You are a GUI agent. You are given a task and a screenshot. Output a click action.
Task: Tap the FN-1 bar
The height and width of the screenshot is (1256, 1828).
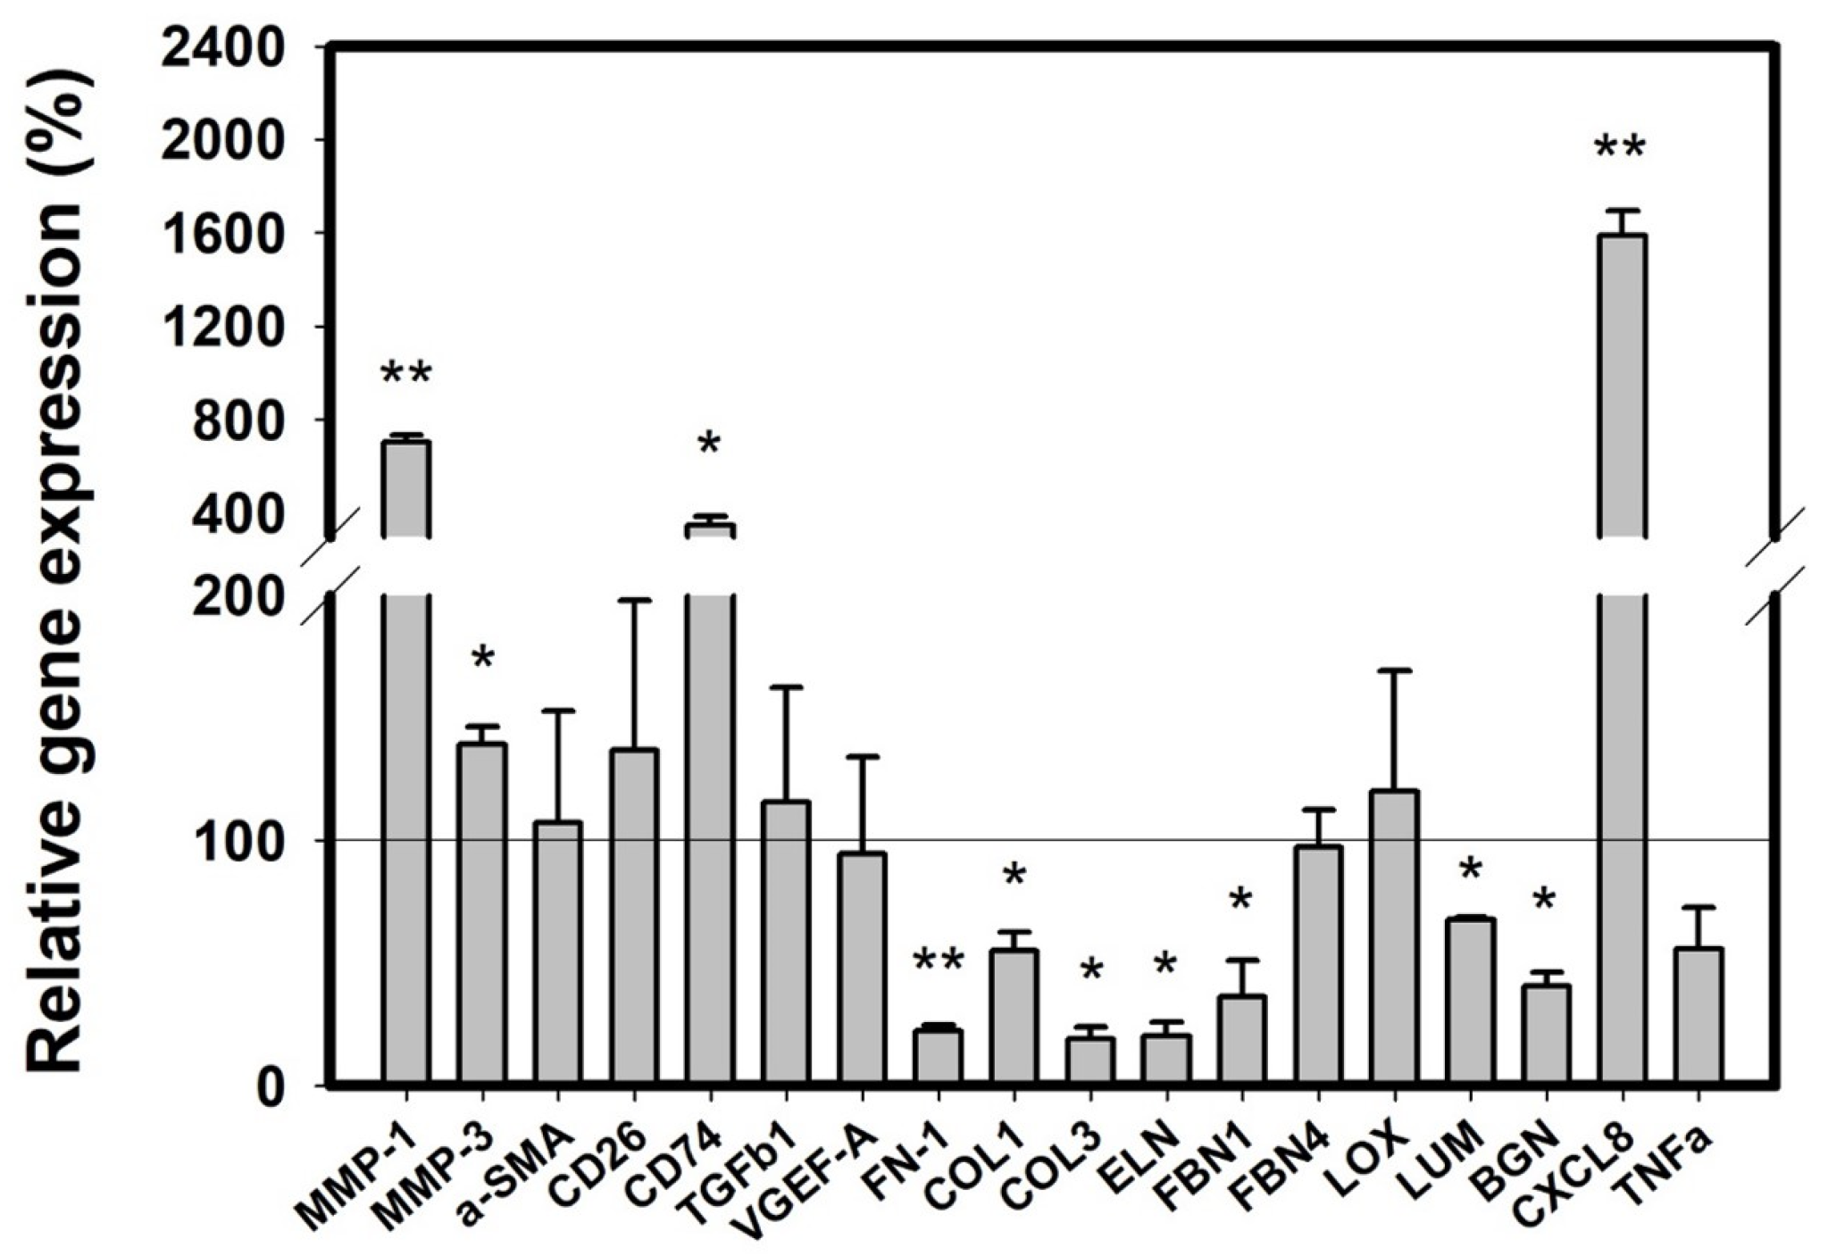(x=938, y=1057)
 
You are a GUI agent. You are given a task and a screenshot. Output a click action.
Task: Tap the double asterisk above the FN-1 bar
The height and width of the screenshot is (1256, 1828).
(x=938, y=962)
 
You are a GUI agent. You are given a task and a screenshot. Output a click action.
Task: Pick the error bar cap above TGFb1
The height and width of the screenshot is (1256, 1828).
(x=786, y=686)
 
